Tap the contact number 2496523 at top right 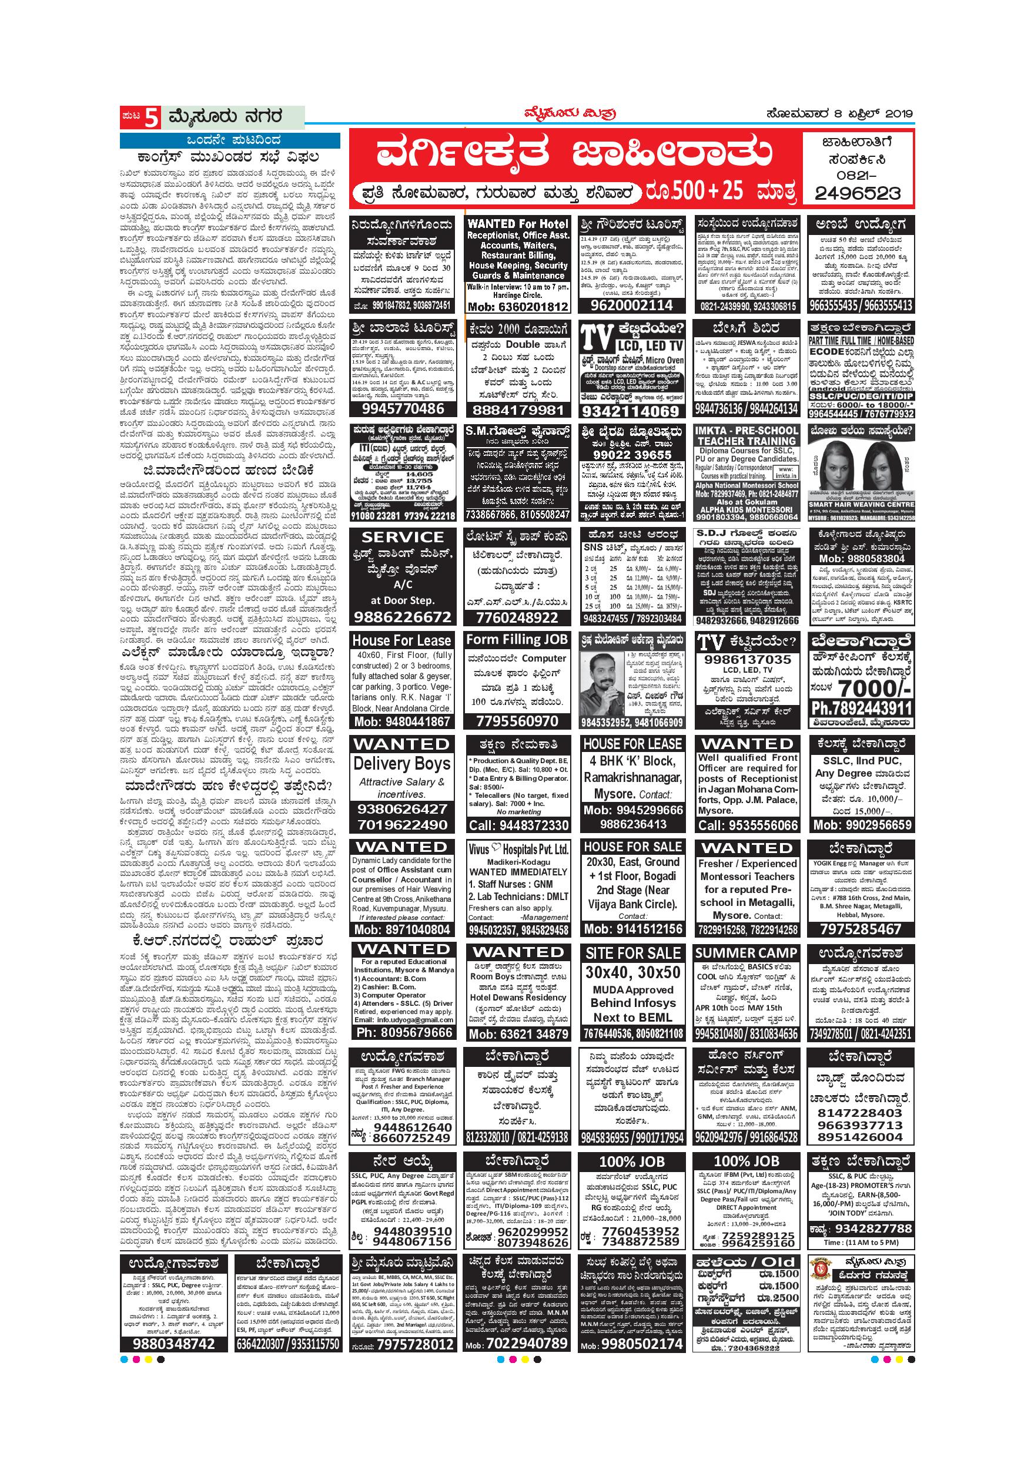[857, 192]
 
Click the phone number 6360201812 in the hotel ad [517, 307]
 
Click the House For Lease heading [402, 640]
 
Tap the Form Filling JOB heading [517, 640]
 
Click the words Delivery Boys [402, 763]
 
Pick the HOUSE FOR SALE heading [633, 847]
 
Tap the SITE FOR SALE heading [633, 953]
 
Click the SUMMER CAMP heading [746, 953]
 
